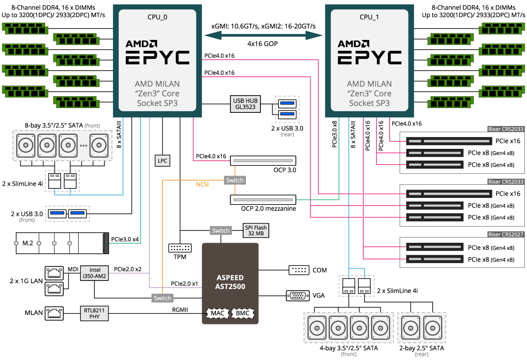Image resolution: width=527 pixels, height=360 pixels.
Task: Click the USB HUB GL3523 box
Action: [245, 104]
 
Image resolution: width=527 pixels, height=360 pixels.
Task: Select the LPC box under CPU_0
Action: [162, 161]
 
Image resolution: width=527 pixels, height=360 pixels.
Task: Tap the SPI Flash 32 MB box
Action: [255, 230]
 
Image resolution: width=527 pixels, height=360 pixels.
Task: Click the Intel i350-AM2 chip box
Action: [95, 273]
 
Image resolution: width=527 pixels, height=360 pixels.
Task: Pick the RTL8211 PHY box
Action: [94, 313]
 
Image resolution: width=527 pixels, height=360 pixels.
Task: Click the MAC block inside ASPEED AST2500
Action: [217, 313]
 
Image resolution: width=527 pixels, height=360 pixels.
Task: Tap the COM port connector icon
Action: [298, 270]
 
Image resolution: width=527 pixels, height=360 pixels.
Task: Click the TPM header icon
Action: [180, 248]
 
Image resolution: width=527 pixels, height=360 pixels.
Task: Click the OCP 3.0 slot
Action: [263, 161]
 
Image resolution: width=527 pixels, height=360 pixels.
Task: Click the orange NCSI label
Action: [202, 184]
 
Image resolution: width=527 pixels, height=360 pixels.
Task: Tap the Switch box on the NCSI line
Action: [235, 180]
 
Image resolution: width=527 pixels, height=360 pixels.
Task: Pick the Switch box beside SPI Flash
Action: [221, 230]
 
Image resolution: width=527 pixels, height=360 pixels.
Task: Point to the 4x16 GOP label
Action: [262, 44]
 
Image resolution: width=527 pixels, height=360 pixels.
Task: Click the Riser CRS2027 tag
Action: [505, 234]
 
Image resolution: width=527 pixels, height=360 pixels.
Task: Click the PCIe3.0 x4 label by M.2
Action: [125, 239]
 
